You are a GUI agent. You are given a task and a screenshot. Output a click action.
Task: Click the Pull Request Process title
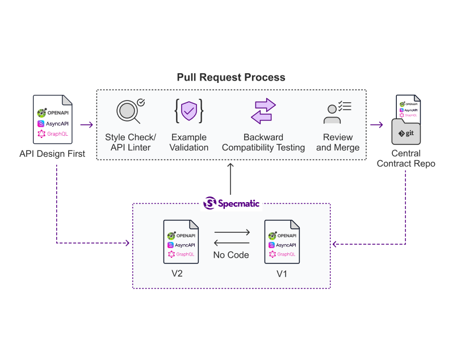click(x=230, y=77)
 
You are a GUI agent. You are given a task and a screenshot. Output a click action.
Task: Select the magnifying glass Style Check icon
click(x=130, y=111)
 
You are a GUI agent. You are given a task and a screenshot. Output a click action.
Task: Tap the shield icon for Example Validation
click(x=189, y=111)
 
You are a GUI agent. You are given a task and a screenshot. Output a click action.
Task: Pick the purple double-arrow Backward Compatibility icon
click(x=263, y=111)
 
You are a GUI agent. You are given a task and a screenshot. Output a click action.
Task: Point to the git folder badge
click(x=406, y=133)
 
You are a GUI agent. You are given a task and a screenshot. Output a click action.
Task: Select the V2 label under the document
click(x=177, y=274)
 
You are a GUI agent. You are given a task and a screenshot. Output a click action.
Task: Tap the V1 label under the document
click(x=282, y=274)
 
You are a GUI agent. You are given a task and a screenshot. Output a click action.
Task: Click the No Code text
click(x=231, y=255)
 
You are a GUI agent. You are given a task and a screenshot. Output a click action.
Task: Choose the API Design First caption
click(x=52, y=153)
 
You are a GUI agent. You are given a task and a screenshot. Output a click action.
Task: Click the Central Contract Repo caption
click(x=406, y=158)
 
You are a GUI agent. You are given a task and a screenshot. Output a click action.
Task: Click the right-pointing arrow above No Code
click(x=232, y=232)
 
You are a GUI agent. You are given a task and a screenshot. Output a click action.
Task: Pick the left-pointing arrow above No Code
click(x=232, y=242)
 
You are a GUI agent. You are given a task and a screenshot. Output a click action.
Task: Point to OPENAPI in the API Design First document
click(x=58, y=112)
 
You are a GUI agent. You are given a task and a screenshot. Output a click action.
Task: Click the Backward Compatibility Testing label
click(x=263, y=143)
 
